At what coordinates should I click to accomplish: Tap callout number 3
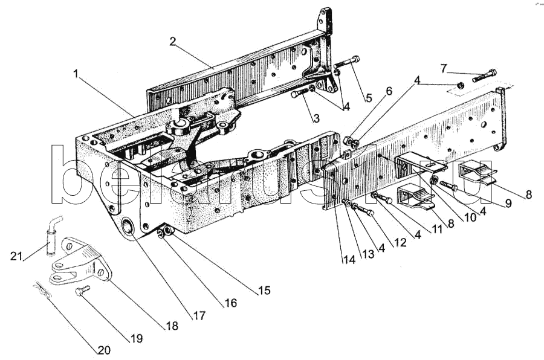point(316,118)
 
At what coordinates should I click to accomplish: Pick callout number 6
point(389,91)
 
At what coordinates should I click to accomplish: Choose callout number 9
point(509,204)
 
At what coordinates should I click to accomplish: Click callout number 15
point(264,290)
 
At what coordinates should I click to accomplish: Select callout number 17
point(199,315)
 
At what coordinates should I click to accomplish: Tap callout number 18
point(172,326)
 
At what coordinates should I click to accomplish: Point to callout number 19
point(137,338)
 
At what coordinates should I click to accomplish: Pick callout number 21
point(16,256)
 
